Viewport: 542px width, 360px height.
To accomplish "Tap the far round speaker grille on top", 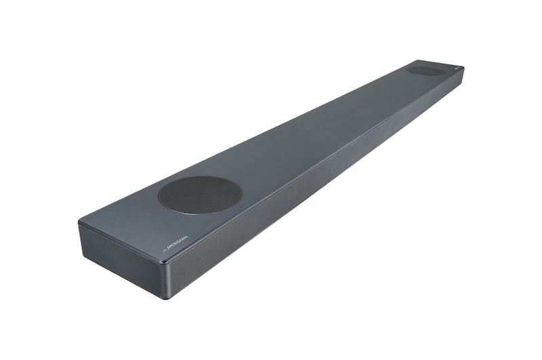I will (x=426, y=70).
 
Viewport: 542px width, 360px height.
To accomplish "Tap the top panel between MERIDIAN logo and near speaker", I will (x=186, y=227).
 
